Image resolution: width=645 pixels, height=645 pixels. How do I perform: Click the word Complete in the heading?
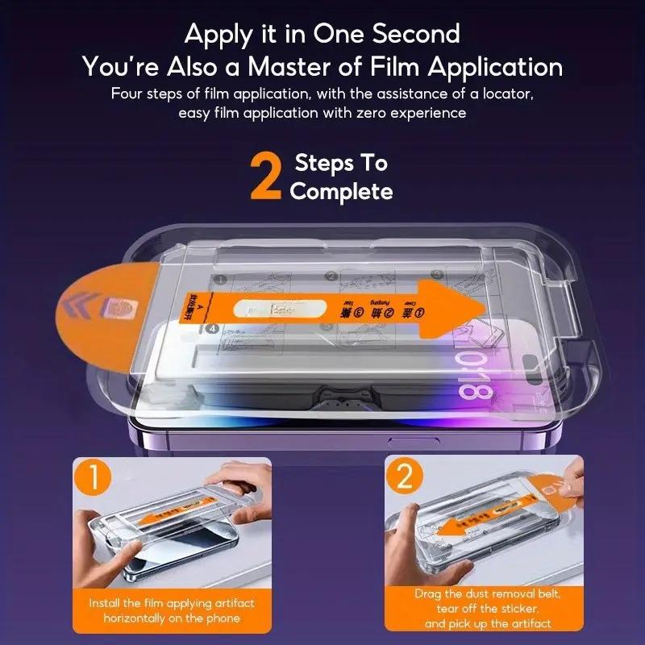pos(341,191)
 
